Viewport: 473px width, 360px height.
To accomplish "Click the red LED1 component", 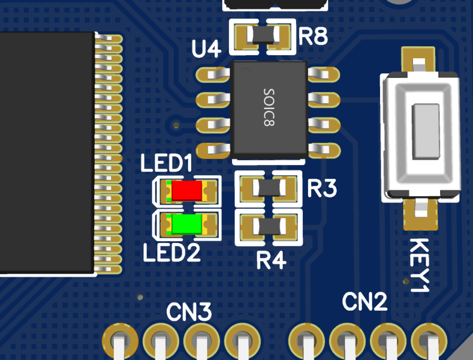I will tap(186, 191).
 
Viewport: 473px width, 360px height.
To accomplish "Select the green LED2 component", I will tap(186, 224).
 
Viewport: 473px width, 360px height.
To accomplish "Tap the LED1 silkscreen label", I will tap(166, 164).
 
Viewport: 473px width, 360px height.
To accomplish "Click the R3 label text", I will tap(322, 189).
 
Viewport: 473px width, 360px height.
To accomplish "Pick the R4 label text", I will tap(272, 260).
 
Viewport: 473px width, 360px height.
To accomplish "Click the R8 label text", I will tap(313, 37).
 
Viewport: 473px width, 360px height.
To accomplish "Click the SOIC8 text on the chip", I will tap(269, 107).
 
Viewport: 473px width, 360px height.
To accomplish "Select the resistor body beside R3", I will tap(269, 190).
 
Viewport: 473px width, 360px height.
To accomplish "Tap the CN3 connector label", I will tap(189, 312).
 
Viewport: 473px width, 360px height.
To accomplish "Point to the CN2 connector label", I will tap(365, 302).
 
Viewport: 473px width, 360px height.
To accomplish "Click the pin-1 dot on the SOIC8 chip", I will tap(244, 70).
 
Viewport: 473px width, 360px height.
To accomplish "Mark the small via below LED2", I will tap(140, 298).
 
